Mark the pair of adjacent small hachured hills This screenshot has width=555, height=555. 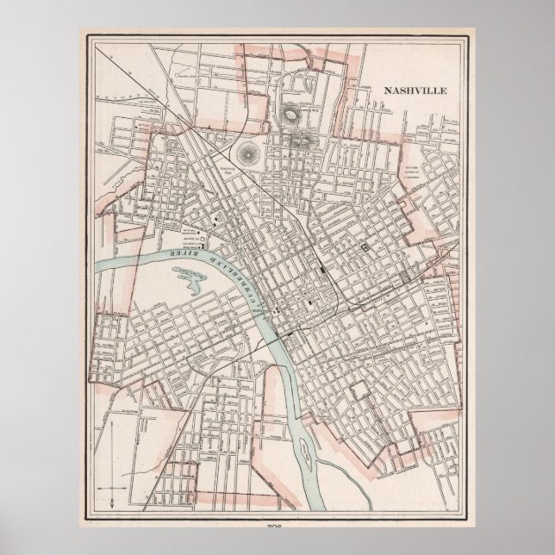coord(300,140)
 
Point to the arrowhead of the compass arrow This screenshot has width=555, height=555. coord(112,441)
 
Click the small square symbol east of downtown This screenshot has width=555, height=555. coord(365,246)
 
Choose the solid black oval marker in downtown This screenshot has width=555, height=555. coord(309,303)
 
